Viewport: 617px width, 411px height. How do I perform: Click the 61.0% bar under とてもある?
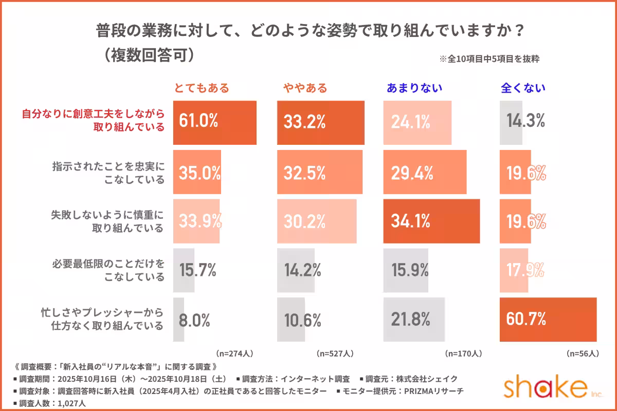(215, 122)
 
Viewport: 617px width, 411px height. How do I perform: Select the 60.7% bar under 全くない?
(548, 320)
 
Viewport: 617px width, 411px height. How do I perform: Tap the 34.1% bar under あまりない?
(431, 221)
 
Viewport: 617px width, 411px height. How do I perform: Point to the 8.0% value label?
(194, 320)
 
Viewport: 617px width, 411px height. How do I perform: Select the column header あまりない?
(414, 88)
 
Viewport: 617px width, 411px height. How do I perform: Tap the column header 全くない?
(523, 88)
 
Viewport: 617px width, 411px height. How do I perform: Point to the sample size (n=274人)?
(234, 353)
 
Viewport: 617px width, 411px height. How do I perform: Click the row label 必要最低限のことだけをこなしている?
(108, 270)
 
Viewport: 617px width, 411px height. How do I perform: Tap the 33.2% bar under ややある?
(321, 122)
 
